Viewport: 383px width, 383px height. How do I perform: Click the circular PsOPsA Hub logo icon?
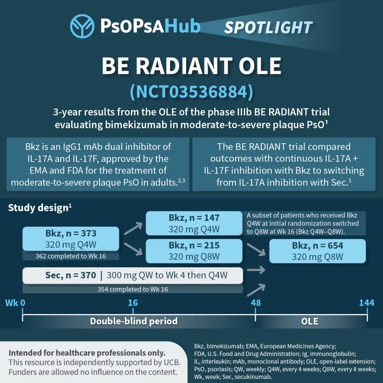click(x=82, y=26)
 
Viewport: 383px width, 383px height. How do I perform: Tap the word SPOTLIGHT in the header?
click(x=268, y=27)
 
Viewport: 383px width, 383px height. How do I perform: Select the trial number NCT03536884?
click(x=191, y=92)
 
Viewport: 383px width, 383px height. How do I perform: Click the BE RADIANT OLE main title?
click(x=191, y=66)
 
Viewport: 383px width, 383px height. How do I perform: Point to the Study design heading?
click(x=40, y=208)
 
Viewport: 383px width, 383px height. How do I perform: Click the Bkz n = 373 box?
click(x=71, y=239)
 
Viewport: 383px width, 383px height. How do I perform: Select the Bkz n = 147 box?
click(x=194, y=223)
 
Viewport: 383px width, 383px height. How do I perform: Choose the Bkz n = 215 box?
click(x=194, y=251)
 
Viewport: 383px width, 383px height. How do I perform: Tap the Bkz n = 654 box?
click(x=318, y=251)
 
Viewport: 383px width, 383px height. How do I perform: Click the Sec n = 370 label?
click(x=70, y=275)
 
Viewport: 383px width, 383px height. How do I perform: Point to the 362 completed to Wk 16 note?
click(x=71, y=256)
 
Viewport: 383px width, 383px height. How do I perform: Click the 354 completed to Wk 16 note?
click(x=133, y=289)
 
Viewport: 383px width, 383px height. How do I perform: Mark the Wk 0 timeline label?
click(x=15, y=303)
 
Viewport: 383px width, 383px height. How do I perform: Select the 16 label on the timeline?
click(x=133, y=303)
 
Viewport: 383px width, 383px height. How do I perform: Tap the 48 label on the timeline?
click(x=256, y=303)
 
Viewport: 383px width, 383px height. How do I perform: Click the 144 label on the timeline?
click(x=367, y=303)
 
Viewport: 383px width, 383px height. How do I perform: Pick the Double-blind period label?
click(x=134, y=321)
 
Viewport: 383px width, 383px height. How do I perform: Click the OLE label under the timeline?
click(x=310, y=321)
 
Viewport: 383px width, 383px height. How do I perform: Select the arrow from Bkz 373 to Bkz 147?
click(x=133, y=228)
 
